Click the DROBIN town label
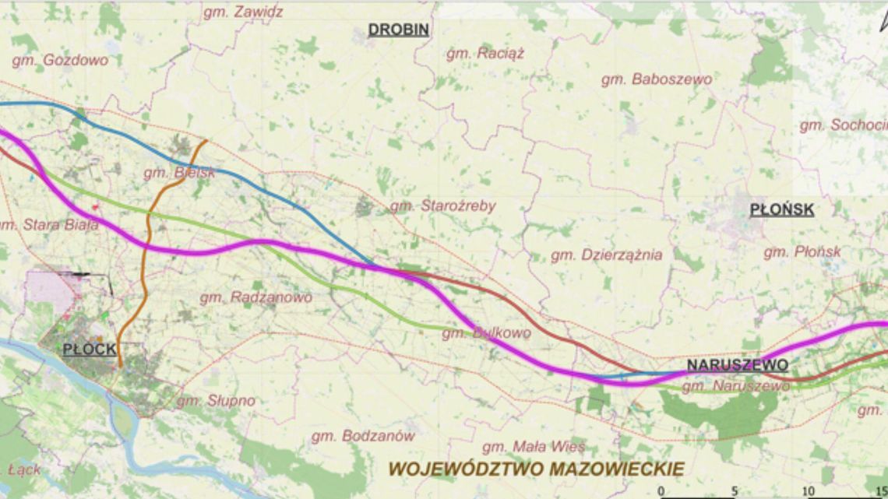[x=399, y=30]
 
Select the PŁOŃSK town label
[x=781, y=209]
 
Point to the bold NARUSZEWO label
[x=737, y=364]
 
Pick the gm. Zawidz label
[x=243, y=12]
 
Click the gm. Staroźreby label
[x=442, y=206]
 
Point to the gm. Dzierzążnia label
[x=606, y=255]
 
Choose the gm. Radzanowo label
[x=255, y=297]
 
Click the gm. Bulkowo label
[x=486, y=333]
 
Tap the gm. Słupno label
[x=216, y=401]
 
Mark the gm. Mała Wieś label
[x=534, y=447]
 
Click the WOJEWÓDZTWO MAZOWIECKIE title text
[x=536, y=469]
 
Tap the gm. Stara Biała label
[x=51, y=226]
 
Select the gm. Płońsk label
[x=802, y=252]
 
